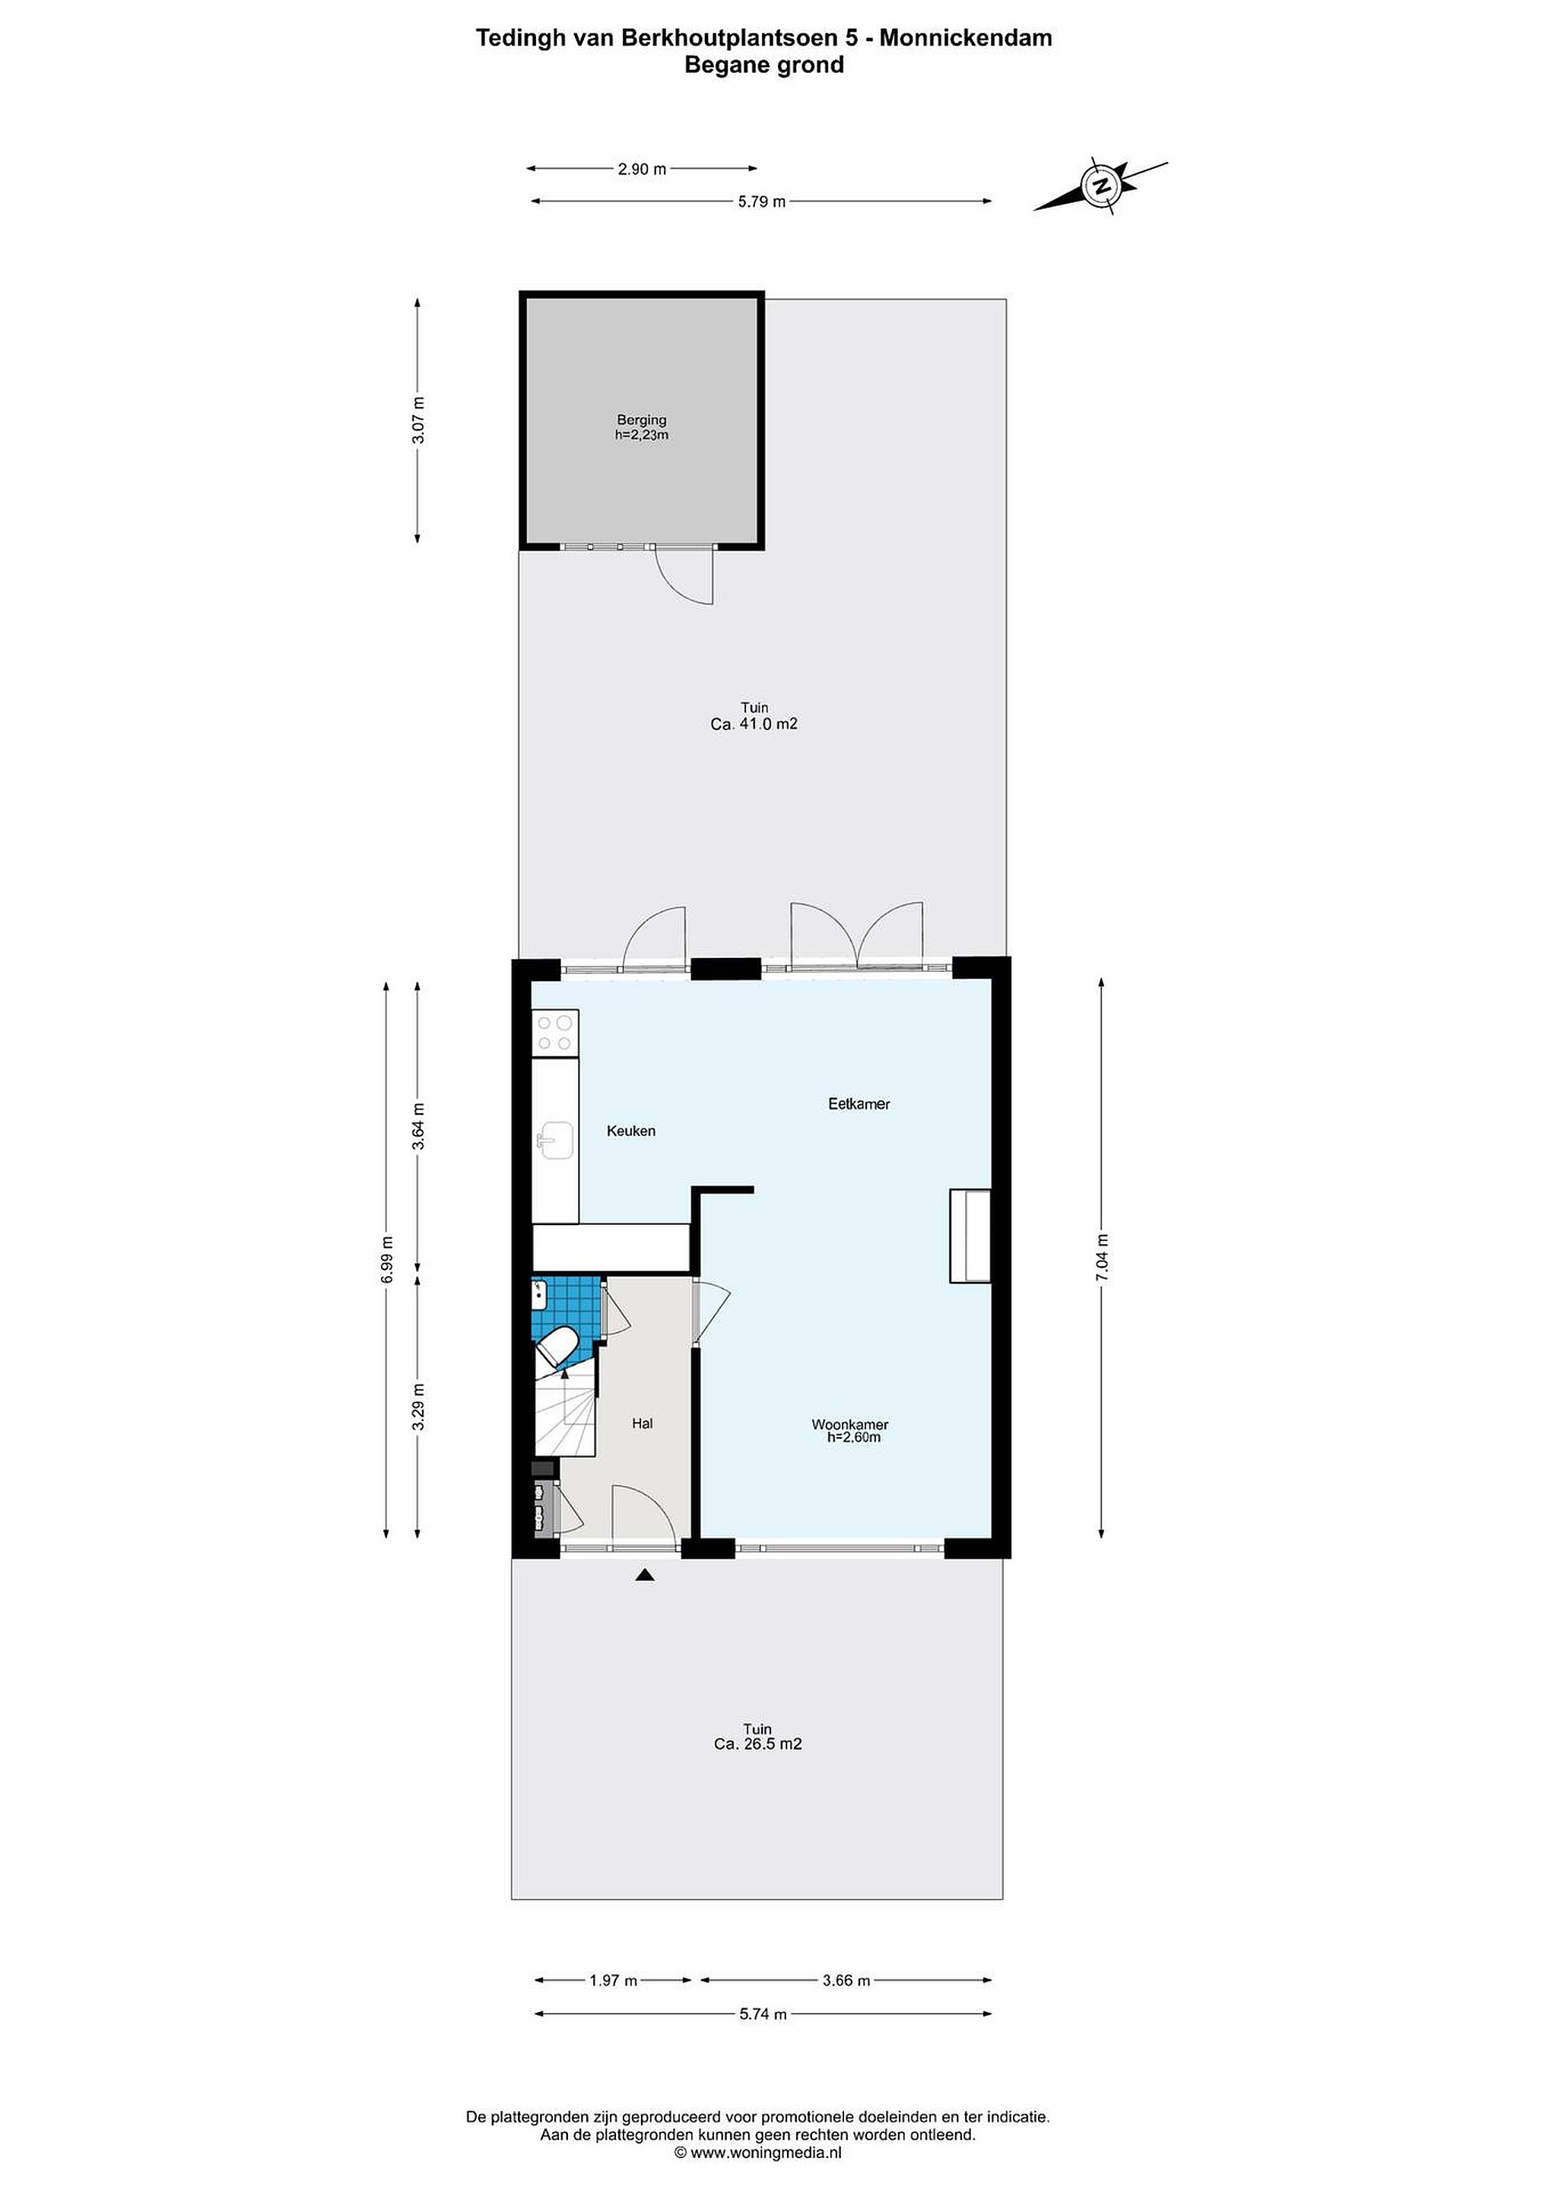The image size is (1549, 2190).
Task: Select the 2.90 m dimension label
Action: [x=642, y=169]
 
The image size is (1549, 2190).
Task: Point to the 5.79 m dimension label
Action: [x=761, y=202]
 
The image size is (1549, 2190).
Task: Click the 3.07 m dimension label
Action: [x=417, y=420]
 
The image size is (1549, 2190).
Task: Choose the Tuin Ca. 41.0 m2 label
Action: [x=754, y=716]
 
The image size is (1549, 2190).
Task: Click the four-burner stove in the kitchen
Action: [x=555, y=1033]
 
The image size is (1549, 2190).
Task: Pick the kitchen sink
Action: [x=555, y=1141]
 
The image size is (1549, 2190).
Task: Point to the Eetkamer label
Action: [x=859, y=1103]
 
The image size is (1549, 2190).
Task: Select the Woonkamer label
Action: [x=850, y=1431]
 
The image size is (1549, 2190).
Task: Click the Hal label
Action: [x=642, y=1423]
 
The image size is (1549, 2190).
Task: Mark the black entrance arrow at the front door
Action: [x=645, y=1575]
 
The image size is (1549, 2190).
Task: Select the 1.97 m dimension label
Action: [x=612, y=1980]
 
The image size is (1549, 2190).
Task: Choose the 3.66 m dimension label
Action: [x=846, y=1980]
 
